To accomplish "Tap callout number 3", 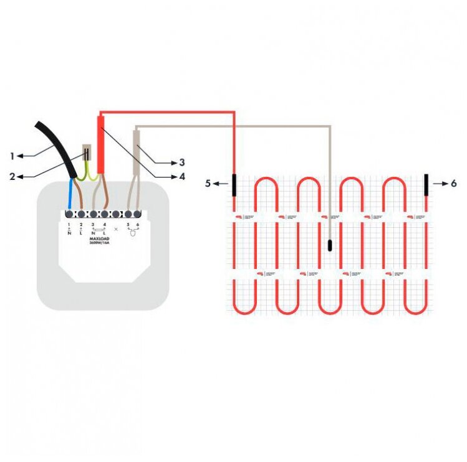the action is tap(182, 162).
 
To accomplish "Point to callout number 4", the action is tap(182, 176).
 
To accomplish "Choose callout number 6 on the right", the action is tap(453, 184).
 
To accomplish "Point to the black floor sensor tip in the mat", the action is tap(330, 244).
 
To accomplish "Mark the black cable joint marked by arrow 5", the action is tap(234, 185).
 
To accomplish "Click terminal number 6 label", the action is tap(137, 224).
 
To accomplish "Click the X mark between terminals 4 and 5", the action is tap(116, 229).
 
